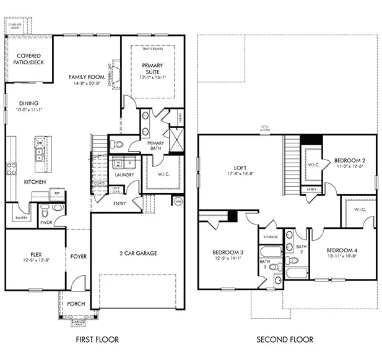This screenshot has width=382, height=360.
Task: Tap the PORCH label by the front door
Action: click(x=76, y=304)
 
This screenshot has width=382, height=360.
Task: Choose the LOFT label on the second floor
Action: click(x=241, y=167)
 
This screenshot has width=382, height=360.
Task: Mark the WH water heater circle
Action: click(x=178, y=201)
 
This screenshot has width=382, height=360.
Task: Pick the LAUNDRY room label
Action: click(x=124, y=175)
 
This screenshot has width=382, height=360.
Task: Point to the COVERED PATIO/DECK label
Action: click(x=28, y=59)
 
